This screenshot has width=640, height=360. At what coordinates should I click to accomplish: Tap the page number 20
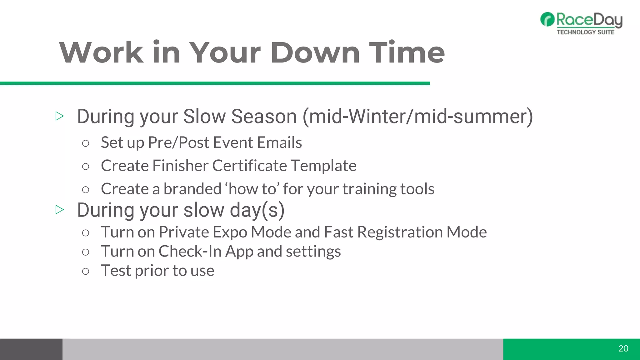coord(623,348)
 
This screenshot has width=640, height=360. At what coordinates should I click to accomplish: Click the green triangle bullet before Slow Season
coord(59,116)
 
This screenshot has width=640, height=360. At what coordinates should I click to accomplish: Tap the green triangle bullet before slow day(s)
coord(59,210)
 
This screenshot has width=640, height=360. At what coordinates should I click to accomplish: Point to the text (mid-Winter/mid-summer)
coord(417,117)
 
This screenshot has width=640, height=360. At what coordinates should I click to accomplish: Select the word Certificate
coord(249,166)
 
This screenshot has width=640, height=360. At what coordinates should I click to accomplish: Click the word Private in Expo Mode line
coord(184,232)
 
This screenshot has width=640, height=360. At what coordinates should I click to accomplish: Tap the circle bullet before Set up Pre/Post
coord(85,143)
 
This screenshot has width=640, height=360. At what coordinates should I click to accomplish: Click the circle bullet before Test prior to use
coord(85,271)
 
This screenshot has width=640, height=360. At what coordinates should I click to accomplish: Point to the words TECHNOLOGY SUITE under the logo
coord(585,32)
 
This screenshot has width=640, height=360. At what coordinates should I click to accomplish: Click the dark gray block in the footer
coord(31,349)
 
